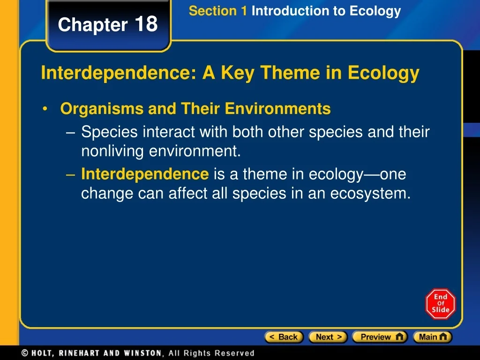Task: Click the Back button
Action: pos(284,337)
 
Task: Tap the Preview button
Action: pos(380,337)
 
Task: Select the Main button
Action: pos(433,337)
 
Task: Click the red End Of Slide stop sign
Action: pos(441,304)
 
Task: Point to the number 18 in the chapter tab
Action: pos(146,23)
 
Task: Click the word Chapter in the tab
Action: pos(93,24)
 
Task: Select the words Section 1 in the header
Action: pos(217,11)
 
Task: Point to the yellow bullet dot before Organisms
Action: pos(45,109)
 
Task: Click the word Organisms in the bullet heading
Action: pos(102,109)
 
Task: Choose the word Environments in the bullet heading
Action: pos(277,108)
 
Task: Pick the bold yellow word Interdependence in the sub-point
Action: pos(145,174)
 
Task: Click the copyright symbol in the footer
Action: pos(25,353)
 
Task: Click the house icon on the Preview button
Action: pos(399,337)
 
